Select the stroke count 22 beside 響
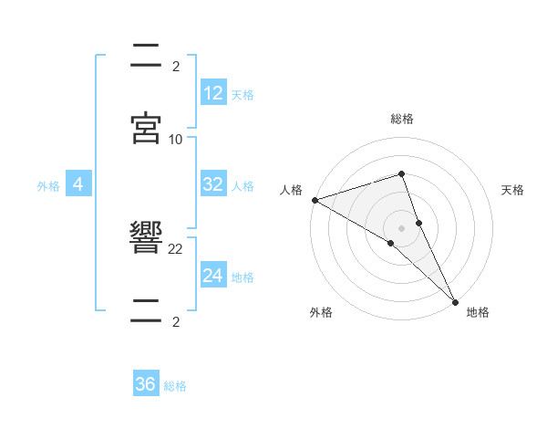tap(176, 248)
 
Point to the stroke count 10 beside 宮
tap(176, 139)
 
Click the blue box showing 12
tap(213, 93)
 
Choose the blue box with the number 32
tap(213, 184)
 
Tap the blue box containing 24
tap(213, 276)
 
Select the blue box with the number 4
tap(78, 184)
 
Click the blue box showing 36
tap(146, 384)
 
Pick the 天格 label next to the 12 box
tap(243, 95)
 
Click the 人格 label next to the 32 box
tap(243, 186)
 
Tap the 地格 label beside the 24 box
tap(243, 277)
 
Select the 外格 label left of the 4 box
tap(48, 186)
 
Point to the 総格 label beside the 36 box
tap(175, 386)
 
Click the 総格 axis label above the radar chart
tap(402, 119)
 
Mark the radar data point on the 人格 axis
tap(315, 200)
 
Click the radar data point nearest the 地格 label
tap(456, 300)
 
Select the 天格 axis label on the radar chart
tap(512, 190)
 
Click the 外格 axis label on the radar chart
tap(321, 312)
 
